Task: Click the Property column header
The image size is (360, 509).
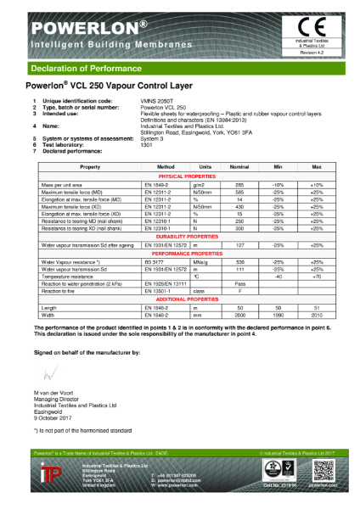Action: pyautogui.click(x=90, y=168)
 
